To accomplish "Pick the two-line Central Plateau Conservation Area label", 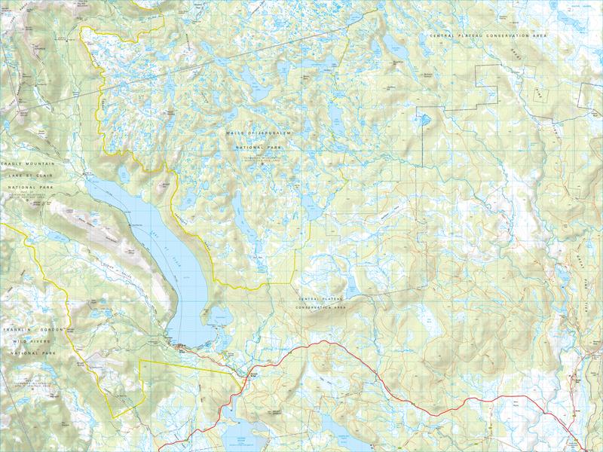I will coord(321,304).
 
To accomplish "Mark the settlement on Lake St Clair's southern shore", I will coord(184,347).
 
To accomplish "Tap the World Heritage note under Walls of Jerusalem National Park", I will coord(256,157).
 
